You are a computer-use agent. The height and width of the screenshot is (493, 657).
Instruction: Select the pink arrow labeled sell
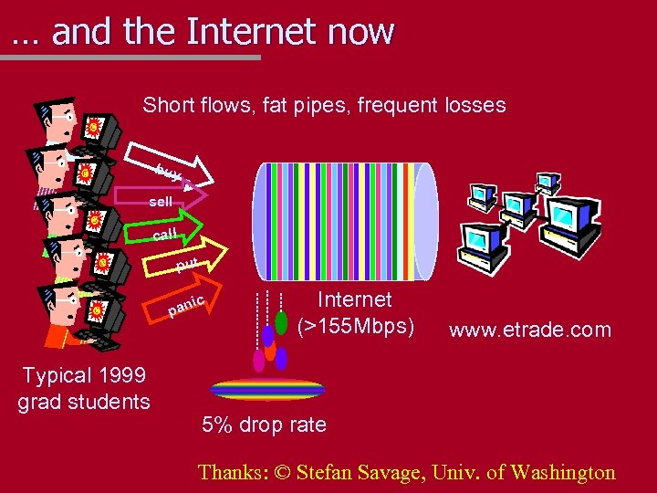(169, 201)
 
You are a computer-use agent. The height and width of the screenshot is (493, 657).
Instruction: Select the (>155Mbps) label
(356, 325)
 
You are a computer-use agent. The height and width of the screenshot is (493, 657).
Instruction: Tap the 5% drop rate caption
(264, 425)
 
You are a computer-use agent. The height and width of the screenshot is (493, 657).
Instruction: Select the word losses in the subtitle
(474, 105)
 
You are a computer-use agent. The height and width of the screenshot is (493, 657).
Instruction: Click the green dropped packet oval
(281, 322)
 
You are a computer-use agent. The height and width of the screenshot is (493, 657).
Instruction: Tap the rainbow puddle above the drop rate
(267, 390)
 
